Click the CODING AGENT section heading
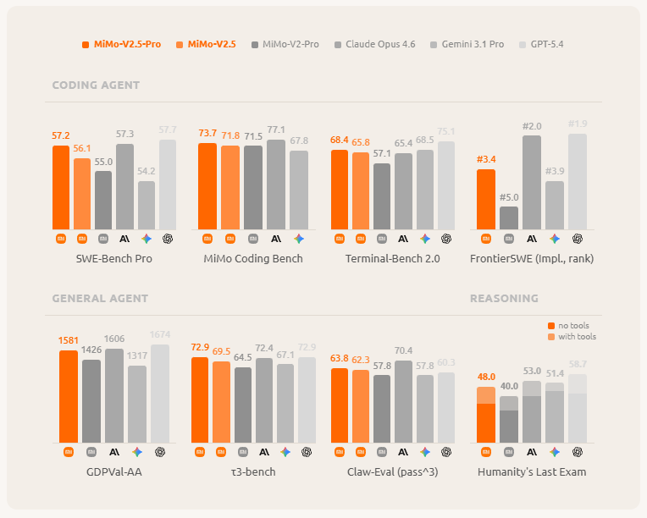point(96,85)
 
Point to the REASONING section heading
point(504,299)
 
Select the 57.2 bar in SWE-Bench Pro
point(60,187)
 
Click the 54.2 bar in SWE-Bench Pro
point(147,205)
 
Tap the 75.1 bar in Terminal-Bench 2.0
point(446,185)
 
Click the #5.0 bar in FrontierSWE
point(509,218)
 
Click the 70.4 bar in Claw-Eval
point(403,401)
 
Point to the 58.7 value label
point(578,364)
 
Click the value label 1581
point(69,341)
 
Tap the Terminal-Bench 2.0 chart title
point(392,258)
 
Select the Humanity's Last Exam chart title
point(531,471)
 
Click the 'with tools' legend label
point(576,337)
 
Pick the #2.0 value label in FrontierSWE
point(532,126)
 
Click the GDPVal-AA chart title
point(113,471)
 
